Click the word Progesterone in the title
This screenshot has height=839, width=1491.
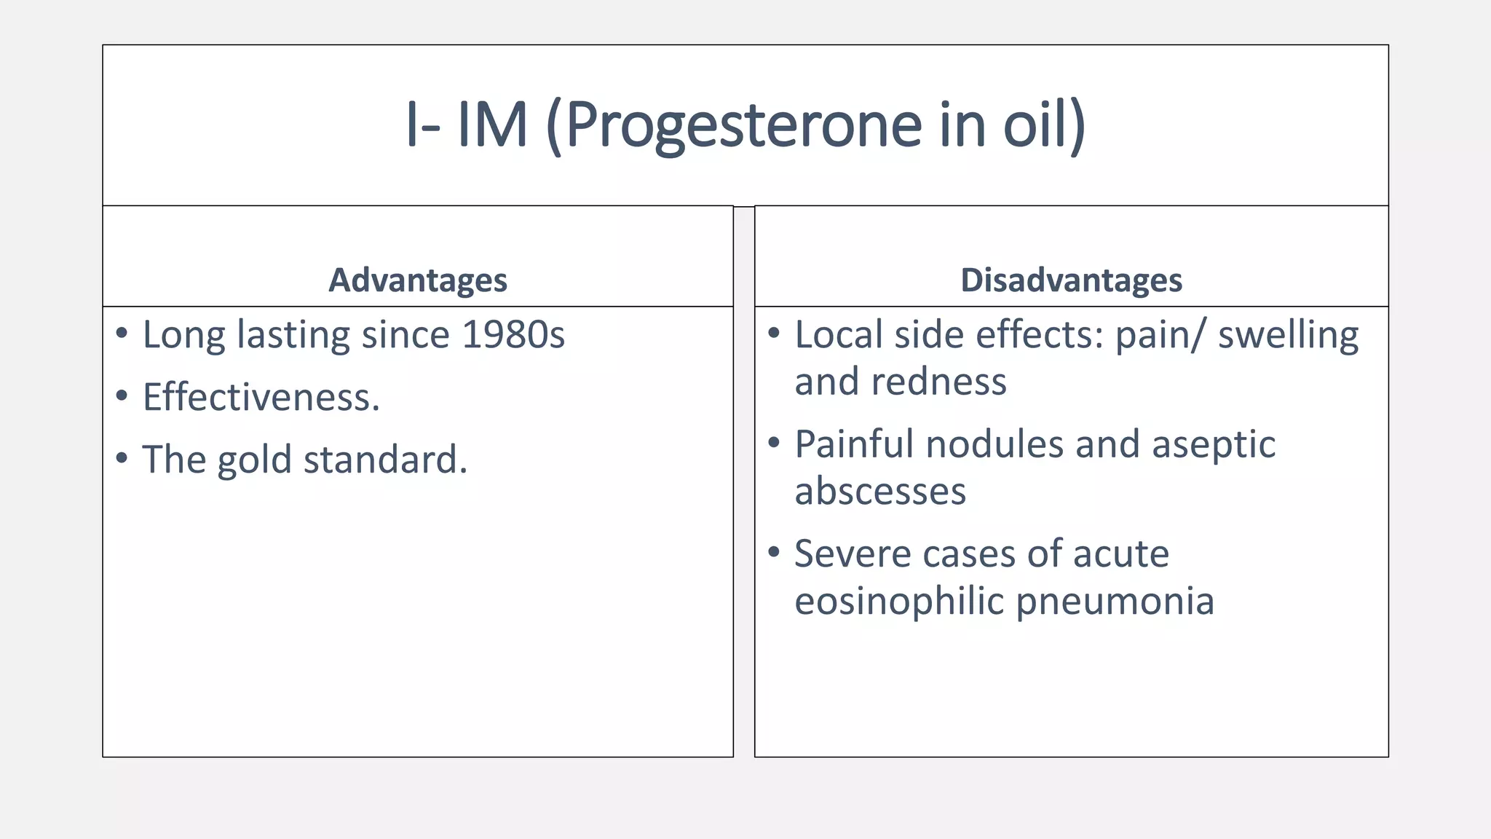coord(743,125)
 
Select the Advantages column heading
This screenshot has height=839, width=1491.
coord(417,280)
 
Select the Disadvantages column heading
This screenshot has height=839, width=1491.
coord(1071,280)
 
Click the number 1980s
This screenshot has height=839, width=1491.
coord(513,335)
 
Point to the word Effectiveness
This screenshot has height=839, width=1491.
coord(261,398)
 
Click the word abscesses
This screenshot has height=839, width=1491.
coord(880,492)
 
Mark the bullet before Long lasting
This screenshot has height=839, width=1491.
coord(122,334)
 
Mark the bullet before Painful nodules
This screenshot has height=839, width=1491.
coord(774,443)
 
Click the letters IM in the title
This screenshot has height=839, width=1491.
coord(491,125)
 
